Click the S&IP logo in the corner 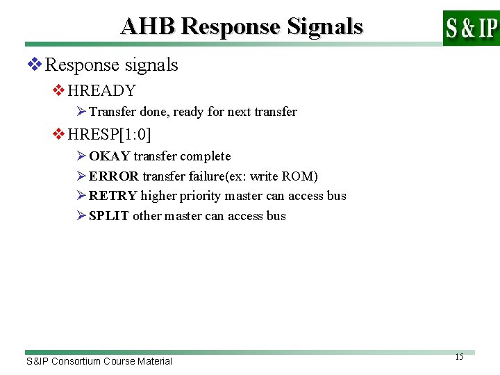(471, 28)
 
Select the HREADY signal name (102, 90)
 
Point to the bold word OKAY (109, 156)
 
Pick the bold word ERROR (114, 176)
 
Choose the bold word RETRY (113, 196)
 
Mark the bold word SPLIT (109, 216)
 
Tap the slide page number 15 (459, 357)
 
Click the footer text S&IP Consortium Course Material (99, 361)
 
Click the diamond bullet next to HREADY (59, 91)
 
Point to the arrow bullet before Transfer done (81, 112)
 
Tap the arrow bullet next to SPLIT (81, 216)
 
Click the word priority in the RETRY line (200, 197)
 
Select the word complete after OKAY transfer (205, 156)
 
